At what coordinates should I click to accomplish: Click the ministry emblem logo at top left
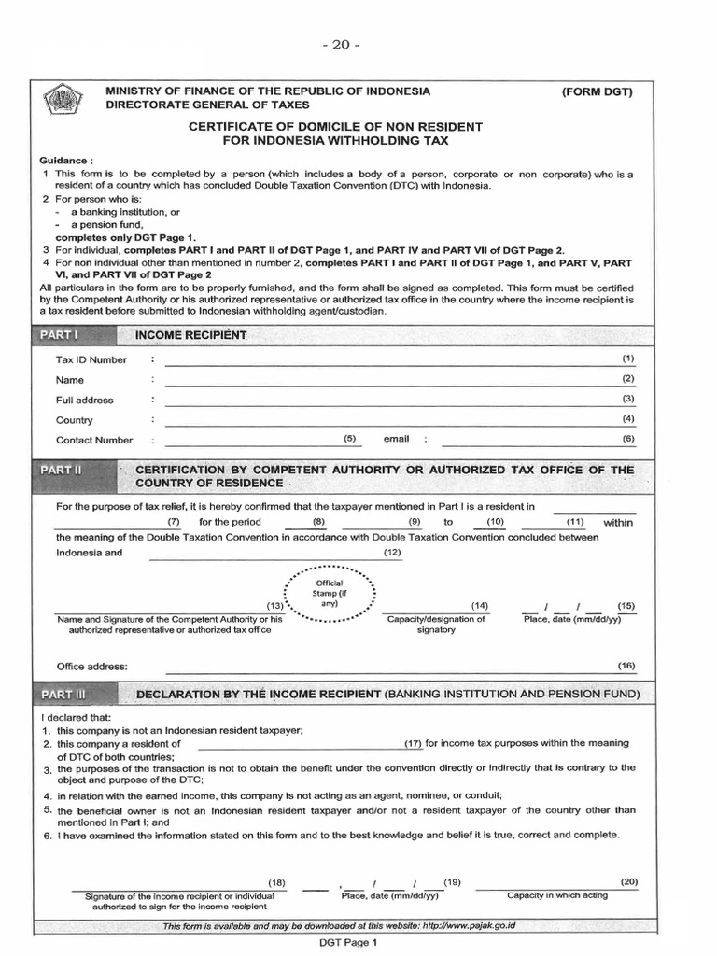tap(63, 99)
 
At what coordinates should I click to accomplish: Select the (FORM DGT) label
tap(597, 91)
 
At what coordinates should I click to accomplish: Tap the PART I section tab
tap(57, 334)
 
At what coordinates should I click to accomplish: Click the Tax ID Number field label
tap(91, 359)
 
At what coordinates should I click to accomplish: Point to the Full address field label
tap(84, 400)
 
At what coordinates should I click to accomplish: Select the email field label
tap(396, 438)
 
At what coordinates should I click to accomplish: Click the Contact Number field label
tap(94, 440)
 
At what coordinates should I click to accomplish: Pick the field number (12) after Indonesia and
tap(392, 553)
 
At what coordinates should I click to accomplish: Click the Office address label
tap(91, 667)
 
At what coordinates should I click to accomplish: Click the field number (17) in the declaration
tap(414, 743)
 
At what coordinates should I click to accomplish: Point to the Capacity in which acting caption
tap(556, 894)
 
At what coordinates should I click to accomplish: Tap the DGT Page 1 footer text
tap(347, 943)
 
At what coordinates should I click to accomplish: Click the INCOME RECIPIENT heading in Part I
tap(190, 334)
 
